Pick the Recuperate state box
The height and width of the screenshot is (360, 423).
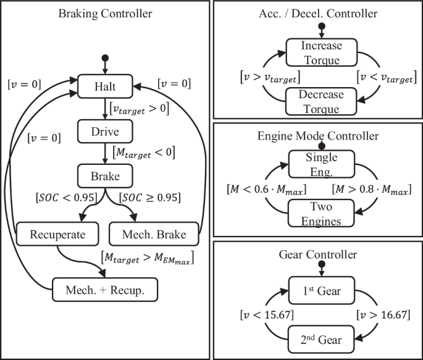point(56,235)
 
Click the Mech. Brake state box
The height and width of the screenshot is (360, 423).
point(156,235)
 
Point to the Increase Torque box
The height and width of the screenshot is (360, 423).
point(320,51)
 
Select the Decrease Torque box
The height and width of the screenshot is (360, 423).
point(320,101)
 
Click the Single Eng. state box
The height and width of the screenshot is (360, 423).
point(320,164)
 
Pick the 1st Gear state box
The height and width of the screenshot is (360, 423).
point(320,290)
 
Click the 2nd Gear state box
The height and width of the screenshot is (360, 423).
point(320,339)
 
